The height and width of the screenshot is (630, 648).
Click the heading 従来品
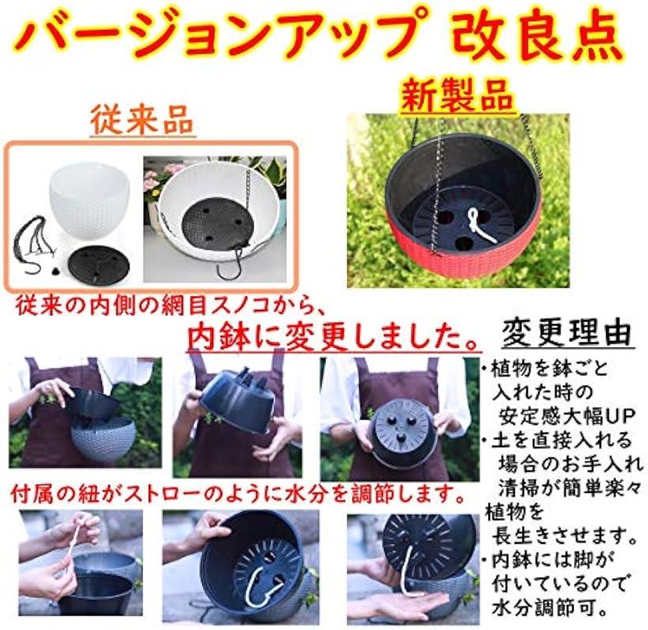pyautogui.click(x=141, y=120)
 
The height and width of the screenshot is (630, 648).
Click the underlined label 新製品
pyautogui.click(x=458, y=96)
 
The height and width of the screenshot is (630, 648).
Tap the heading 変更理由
pyautogui.click(x=567, y=333)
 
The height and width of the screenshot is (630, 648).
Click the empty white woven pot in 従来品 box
pyautogui.click(x=89, y=203)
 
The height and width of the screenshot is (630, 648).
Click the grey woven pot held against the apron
pyautogui.click(x=103, y=437)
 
